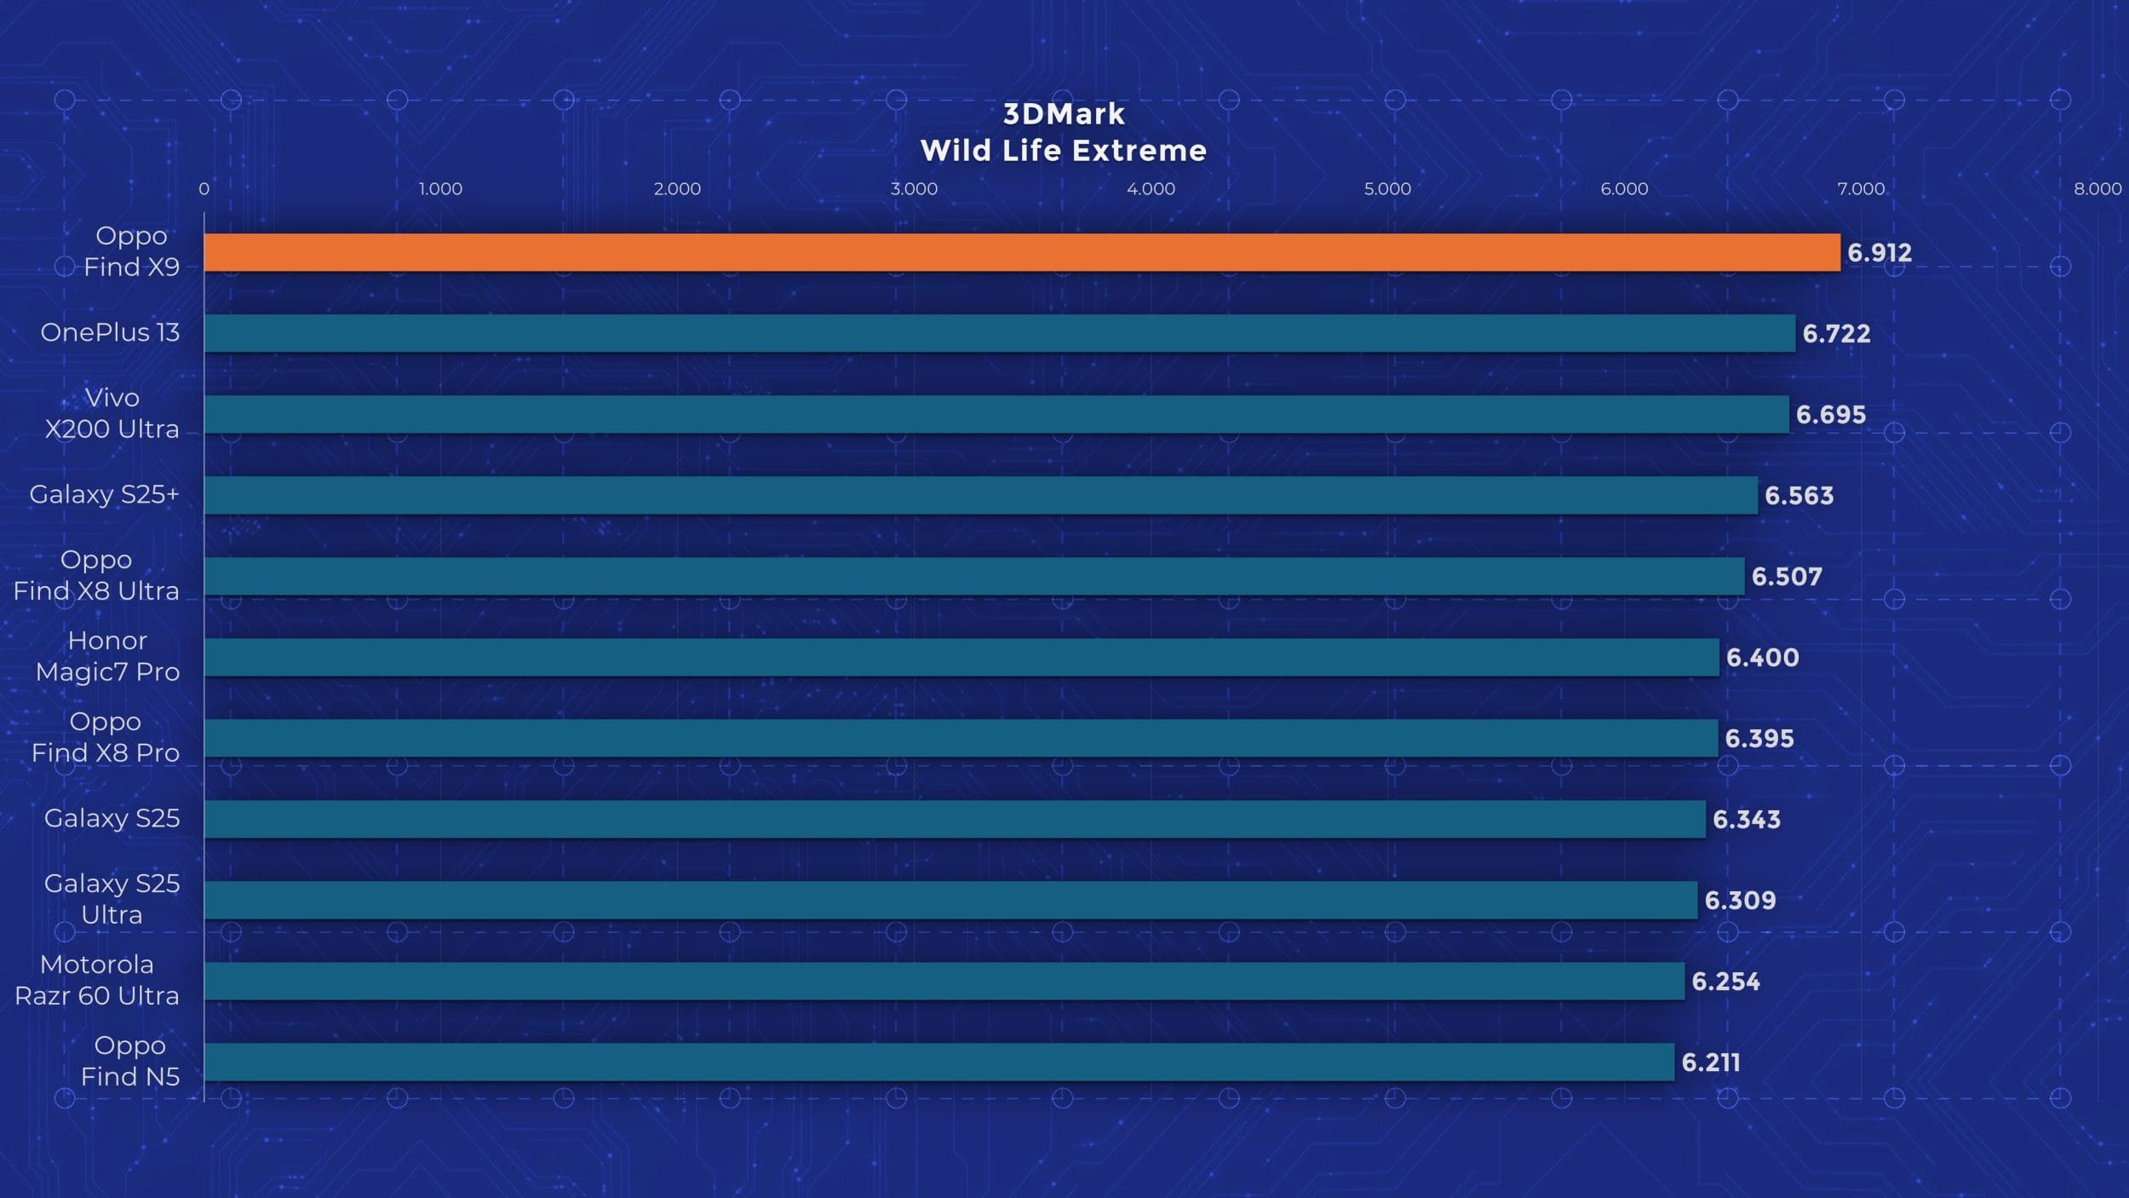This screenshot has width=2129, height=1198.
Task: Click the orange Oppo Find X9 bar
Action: click(1022, 252)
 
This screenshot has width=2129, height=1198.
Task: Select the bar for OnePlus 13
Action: click(999, 333)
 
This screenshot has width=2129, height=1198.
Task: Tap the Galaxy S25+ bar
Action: click(980, 495)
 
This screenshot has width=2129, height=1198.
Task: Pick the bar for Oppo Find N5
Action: click(938, 1062)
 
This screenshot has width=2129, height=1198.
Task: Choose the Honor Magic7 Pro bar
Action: click(961, 657)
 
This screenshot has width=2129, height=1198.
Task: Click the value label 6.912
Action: click(1879, 253)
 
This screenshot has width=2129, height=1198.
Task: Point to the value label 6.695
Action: click(1831, 415)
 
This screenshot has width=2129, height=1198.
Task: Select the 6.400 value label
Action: click(1762, 658)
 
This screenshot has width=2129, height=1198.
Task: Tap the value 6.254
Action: click(1725, 982)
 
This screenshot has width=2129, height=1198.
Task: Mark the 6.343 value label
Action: click(1746, 820)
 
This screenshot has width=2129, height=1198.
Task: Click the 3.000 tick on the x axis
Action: click(914, 189)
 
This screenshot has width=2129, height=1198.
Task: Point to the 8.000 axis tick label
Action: click(2097, 189)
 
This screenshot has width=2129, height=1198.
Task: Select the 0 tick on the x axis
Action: click(204, 189)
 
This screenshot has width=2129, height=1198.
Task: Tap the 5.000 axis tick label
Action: click(1387, 189)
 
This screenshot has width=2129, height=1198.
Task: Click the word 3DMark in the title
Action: click(1064, 114)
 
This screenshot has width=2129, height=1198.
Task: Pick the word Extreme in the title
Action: click(1139, 151)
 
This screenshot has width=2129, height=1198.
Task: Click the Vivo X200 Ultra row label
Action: click(112, 413)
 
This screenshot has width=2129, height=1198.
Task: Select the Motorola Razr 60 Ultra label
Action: click(97, 980)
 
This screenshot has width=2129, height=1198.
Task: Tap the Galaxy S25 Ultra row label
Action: click(112, 899)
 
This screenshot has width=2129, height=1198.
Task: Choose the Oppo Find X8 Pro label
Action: click(106, 737)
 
